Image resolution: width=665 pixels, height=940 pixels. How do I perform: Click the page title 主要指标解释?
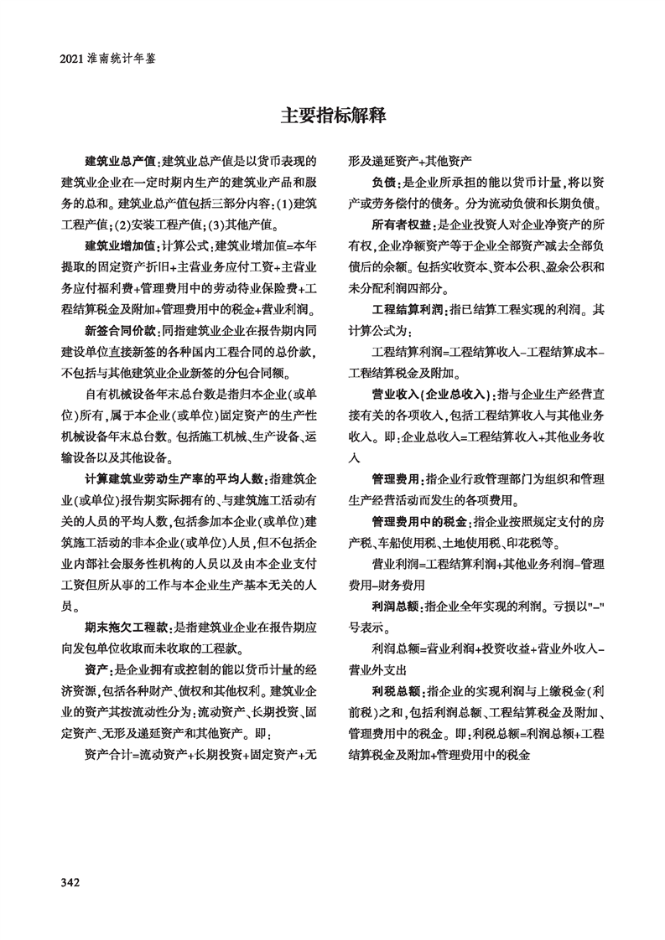[332, 116]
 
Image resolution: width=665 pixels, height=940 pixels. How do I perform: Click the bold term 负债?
[385, 181]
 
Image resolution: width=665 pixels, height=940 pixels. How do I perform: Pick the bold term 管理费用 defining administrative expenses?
[396, 480]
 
